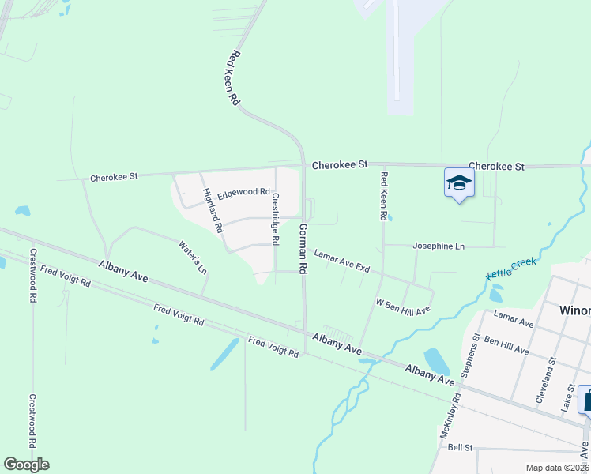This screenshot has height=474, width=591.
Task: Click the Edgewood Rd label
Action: (243, 192)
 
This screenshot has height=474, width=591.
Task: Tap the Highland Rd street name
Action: (212, 210)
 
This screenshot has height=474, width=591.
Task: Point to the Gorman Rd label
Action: (302, 248)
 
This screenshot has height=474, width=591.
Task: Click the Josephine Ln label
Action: (439, 246)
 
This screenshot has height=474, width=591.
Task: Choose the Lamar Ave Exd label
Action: (341, 261)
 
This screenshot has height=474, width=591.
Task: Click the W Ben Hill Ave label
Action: (402, 306)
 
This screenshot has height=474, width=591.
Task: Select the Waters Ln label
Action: (193, 258)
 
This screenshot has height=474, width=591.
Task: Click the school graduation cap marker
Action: (458, 183)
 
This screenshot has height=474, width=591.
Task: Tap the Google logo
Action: (26, 465)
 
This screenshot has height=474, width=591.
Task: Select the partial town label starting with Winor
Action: (574, 309)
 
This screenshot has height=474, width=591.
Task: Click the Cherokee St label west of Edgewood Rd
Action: (114, 177)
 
